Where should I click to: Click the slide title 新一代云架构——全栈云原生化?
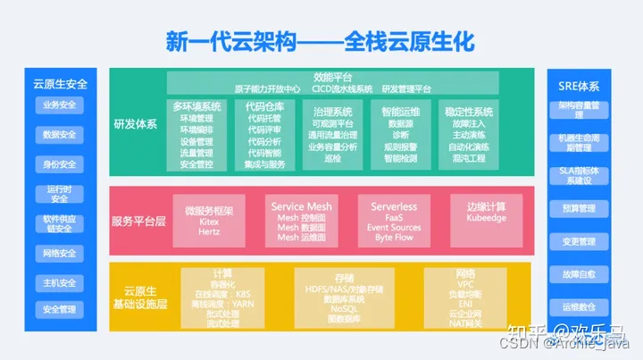coord(321,40)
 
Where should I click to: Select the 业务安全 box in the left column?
coord(59,105)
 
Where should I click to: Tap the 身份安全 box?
coord(59,164)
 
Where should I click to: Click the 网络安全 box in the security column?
coord(59,253)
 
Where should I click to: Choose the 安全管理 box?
coord(59,309)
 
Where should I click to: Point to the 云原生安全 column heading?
coord(60,84)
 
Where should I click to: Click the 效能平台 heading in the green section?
coord(332,77)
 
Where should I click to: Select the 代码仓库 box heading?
coord(264,106)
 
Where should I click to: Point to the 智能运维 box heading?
coord(400,112)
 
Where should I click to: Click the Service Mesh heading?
coord(301,206)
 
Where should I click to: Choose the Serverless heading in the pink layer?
coord(394,206)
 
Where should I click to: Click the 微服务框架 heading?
coord(209,211)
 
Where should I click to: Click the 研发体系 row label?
coord(134,123)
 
